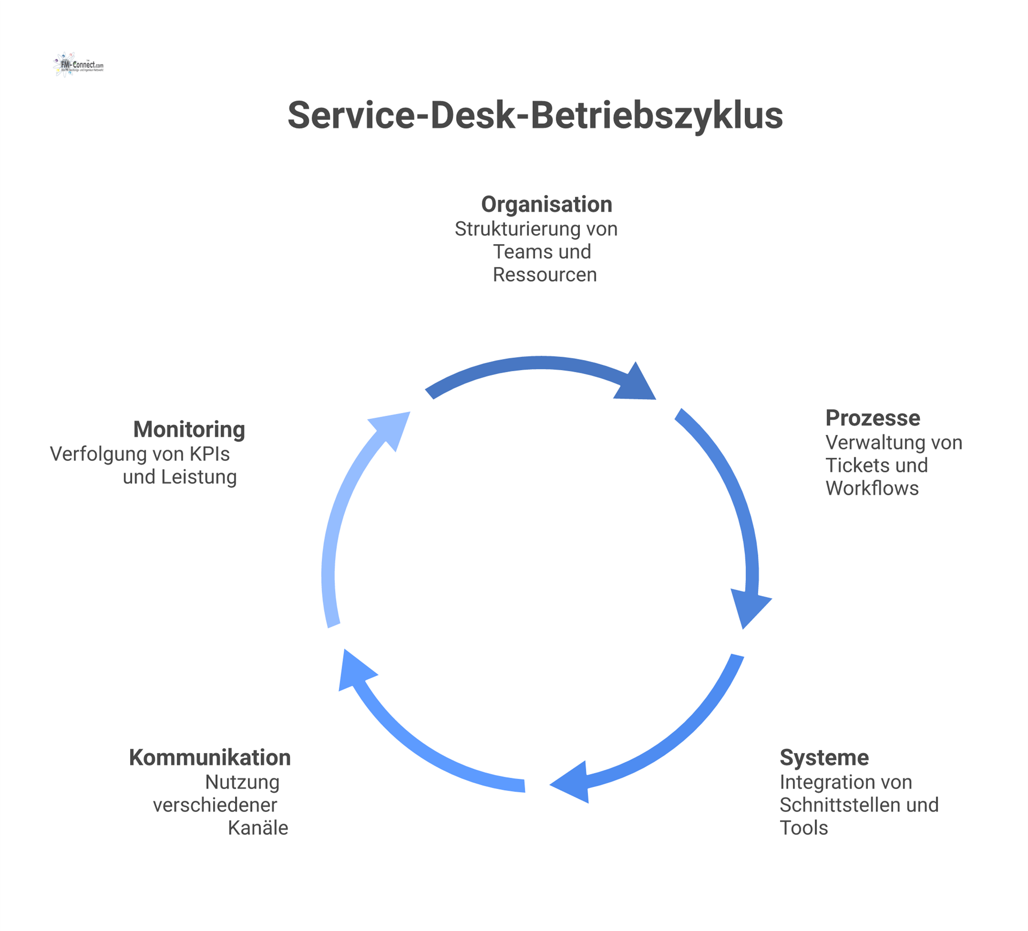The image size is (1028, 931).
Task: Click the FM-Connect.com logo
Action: tap(79, 65)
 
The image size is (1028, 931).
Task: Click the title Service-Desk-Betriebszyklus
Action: tap(535, 115)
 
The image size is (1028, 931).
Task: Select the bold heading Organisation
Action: tap(546, 204)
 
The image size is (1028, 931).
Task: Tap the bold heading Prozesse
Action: tap(872, 418)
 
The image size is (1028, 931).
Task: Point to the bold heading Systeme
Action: tap(823, 757)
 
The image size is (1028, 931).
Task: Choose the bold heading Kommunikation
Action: tap(210, 757)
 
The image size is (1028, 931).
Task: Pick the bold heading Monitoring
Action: tap(189, 429)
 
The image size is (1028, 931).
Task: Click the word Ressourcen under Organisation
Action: tap(545, 274)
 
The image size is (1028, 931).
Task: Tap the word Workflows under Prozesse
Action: tap(872, 488)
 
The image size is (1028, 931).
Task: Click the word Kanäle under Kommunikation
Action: tap(258, 828)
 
